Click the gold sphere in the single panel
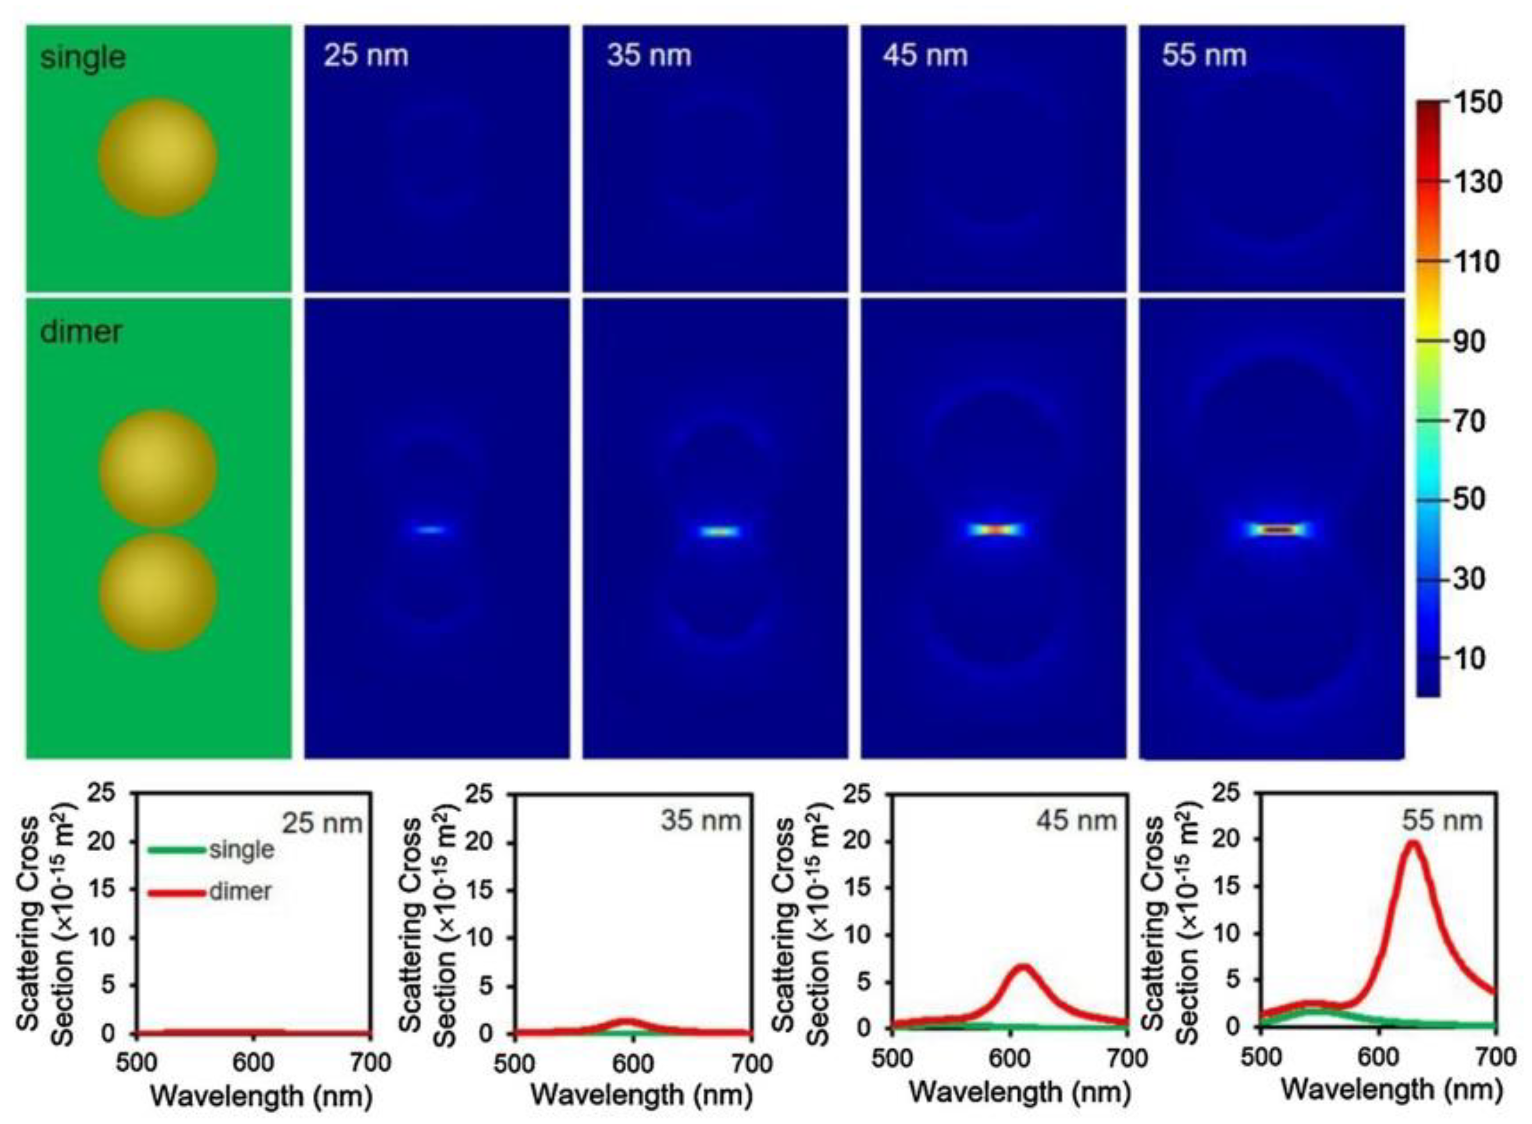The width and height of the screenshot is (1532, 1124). (157, 157)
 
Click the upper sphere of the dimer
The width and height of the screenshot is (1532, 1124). (157, 469)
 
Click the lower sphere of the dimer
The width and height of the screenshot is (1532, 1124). (157, 592)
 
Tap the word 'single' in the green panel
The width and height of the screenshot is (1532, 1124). (83, 57)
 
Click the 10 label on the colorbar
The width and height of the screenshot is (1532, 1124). (1468, 658)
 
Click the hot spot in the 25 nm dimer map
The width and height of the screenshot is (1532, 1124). (429, 529)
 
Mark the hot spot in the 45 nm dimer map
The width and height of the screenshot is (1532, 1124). (995, 529)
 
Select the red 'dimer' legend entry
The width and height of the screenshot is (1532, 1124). (239, 892)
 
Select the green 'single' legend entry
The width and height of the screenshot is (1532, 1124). (242, 849)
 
